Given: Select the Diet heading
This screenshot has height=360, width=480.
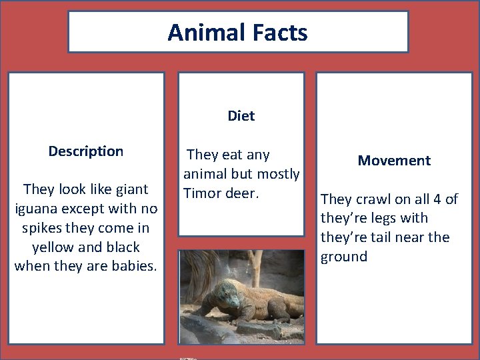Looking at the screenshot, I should [241, 116].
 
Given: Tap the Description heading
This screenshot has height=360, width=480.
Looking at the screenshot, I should [85, 151].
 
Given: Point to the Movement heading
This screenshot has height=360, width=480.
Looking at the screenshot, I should [394, 161].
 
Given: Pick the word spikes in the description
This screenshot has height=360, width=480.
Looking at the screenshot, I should [41, 228].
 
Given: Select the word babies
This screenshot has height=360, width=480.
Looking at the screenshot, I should [133, 267].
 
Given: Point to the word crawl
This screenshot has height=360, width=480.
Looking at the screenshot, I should [373, 199].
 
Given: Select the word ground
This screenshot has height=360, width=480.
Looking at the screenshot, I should [344, 257].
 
